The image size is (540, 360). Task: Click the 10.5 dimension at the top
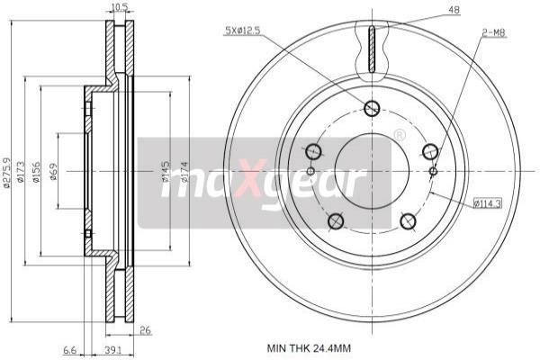click(x=118, y=8)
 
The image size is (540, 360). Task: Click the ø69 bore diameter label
click(x=54, y=171)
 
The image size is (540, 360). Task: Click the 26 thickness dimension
click(x=144, y=330)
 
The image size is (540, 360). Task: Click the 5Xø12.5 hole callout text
click(x=243, y=31)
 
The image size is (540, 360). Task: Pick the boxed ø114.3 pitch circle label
click(x=488, y=202)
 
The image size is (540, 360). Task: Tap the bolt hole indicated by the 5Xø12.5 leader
click(x=372, y=109)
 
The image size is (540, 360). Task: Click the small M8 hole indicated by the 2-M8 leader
click(x=433, y=171)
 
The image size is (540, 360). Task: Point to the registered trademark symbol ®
click(x=399, y=135)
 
